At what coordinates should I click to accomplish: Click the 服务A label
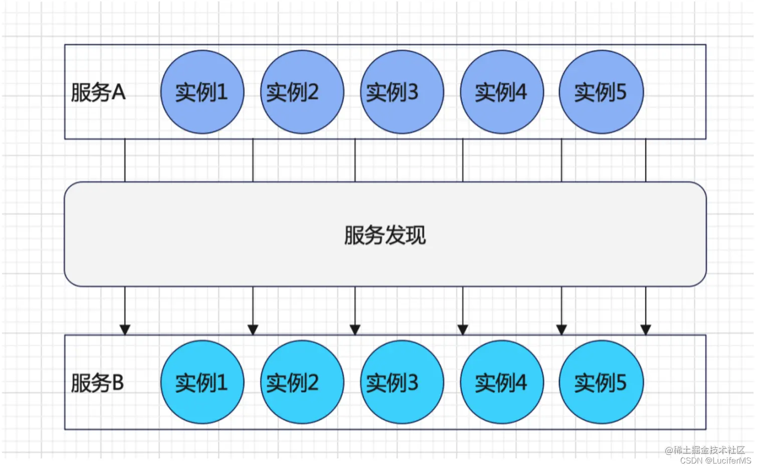click(98, 92)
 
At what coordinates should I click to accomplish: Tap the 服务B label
click(97, 383)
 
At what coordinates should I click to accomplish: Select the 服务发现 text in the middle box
click(385, 235)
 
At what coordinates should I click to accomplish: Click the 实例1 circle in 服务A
click(202, 92)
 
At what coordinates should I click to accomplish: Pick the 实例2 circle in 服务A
click(302, 92)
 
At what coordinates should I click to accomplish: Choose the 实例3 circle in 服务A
click(402, 92)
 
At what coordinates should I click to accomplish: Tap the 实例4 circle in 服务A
click(501, 92)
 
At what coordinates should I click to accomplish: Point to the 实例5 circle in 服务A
click(601, 92)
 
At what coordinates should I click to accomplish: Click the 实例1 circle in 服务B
click(202, 382)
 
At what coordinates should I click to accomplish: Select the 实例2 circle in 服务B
click(302, 382)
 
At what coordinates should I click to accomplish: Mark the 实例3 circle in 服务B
click(402, 382)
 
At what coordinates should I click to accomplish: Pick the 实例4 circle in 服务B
click(501, 382)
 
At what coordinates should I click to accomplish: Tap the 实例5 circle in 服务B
click(601, 382)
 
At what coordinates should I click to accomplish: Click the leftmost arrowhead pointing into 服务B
click(125, 329)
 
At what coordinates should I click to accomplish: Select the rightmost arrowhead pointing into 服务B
click(646, 329)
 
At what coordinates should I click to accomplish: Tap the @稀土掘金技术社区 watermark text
click(705, 450)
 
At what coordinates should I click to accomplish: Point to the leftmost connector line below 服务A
click(125, 160)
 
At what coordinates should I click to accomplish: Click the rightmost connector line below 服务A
click(646, 160)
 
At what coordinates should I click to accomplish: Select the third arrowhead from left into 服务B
click(355, 329)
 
